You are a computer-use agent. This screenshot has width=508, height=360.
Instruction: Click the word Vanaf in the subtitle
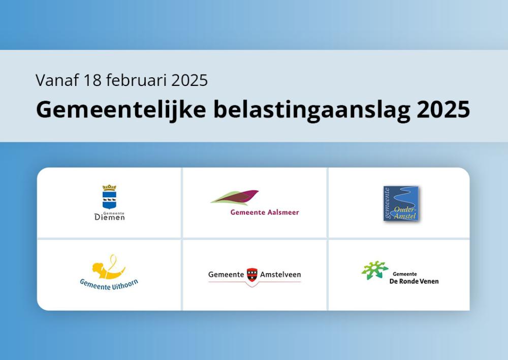(57, 80)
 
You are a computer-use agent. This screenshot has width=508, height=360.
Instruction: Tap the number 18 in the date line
(92, 80)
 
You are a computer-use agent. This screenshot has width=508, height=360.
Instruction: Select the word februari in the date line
(136, 80)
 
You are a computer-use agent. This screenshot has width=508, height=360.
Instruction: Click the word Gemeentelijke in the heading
(121, 110)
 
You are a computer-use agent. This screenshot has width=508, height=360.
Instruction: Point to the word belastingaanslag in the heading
(311, 110)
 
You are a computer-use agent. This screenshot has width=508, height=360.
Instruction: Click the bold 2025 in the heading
(443, 110)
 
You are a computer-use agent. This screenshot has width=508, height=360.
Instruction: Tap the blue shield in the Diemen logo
(109, 200)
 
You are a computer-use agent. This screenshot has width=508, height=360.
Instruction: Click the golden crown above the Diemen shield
(109, 188)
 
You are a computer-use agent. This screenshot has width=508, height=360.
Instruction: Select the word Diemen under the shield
(110, 217)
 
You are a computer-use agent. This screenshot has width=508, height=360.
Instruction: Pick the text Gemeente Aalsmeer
(265, 213)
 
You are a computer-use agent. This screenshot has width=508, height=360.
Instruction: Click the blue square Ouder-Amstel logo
(401, 204)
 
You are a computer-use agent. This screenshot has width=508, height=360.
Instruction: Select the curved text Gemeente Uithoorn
(109, 285)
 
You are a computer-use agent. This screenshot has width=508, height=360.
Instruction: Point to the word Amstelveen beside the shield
(280, 275)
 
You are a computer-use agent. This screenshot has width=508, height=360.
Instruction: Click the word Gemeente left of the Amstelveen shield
(226, 275)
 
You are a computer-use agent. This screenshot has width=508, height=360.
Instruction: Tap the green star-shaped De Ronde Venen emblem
(375, 270)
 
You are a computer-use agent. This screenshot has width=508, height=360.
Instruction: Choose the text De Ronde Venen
(414, 282)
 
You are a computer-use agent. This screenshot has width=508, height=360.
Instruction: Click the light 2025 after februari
(189, 80)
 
